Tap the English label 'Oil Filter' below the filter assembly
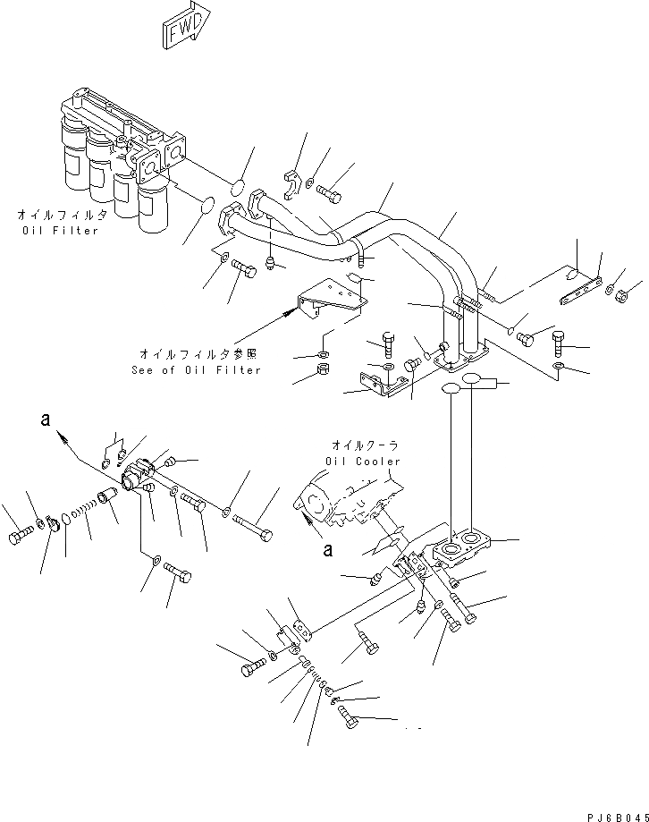coord(61,231)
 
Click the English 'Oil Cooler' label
coord(367,462)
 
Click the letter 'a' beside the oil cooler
coord(328,550)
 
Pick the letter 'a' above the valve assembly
coord(44,419)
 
